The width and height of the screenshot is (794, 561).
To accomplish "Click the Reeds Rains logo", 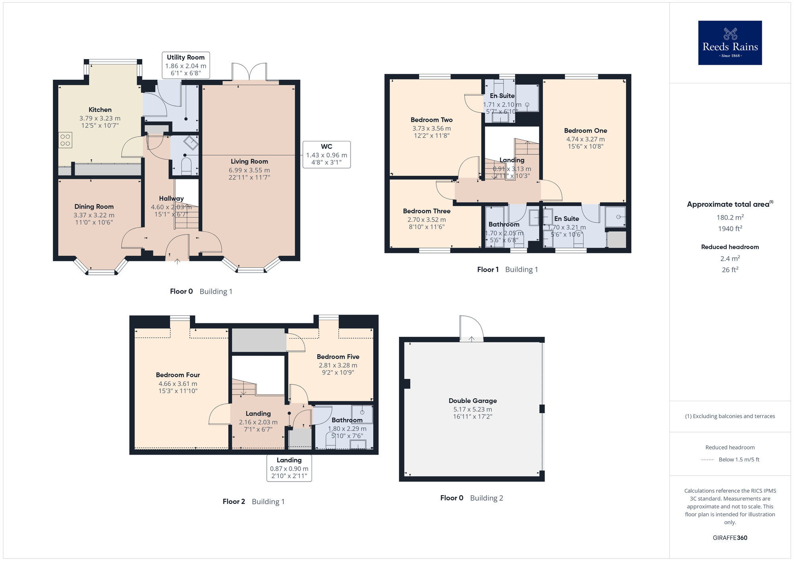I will point(730,43).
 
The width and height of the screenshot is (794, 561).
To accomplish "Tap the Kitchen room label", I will point(100,110).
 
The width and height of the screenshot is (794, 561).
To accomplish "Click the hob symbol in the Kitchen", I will point(66,140).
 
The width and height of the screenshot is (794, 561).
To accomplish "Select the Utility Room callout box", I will point(186,65).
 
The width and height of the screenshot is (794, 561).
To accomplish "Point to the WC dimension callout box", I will point(326,154).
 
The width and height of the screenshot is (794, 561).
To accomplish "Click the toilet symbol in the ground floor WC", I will point(186,166).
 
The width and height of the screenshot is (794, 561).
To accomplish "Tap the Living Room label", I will point(249,161).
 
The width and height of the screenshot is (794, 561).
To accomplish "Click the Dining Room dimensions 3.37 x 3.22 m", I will point(94,215).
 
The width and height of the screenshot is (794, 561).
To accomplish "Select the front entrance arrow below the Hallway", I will point(177,261).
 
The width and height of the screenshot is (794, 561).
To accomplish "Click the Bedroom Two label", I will point(432,120).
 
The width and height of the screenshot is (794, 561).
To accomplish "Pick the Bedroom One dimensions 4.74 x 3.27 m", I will point(585,139).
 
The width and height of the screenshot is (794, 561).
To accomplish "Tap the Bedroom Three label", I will point(426,211).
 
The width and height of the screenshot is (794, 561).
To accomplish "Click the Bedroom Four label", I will point(178,375).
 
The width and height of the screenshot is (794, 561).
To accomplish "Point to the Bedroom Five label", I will point(338,357).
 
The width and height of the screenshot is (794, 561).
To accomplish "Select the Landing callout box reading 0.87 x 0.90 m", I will point(289,468).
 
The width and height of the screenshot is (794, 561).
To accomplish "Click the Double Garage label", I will point(472,401).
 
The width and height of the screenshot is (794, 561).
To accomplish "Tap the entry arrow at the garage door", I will point(471,339).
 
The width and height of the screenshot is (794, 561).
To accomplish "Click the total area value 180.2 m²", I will point(730,217).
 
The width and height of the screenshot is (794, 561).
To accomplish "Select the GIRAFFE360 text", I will point(730,538).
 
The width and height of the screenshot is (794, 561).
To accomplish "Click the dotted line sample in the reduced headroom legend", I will point(707,460).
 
